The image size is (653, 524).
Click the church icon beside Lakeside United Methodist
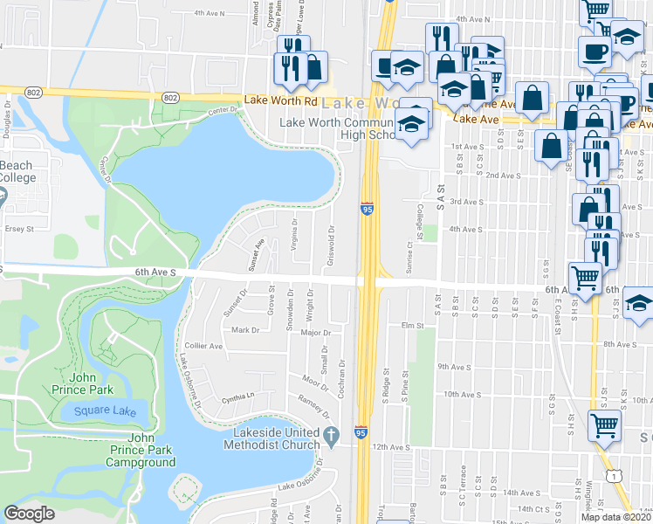[330, 434]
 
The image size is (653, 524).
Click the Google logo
[30, 514]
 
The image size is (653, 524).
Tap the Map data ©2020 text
[616, 516]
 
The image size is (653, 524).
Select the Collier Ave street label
[203, 346]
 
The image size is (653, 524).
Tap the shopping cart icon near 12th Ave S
[604, 427]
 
